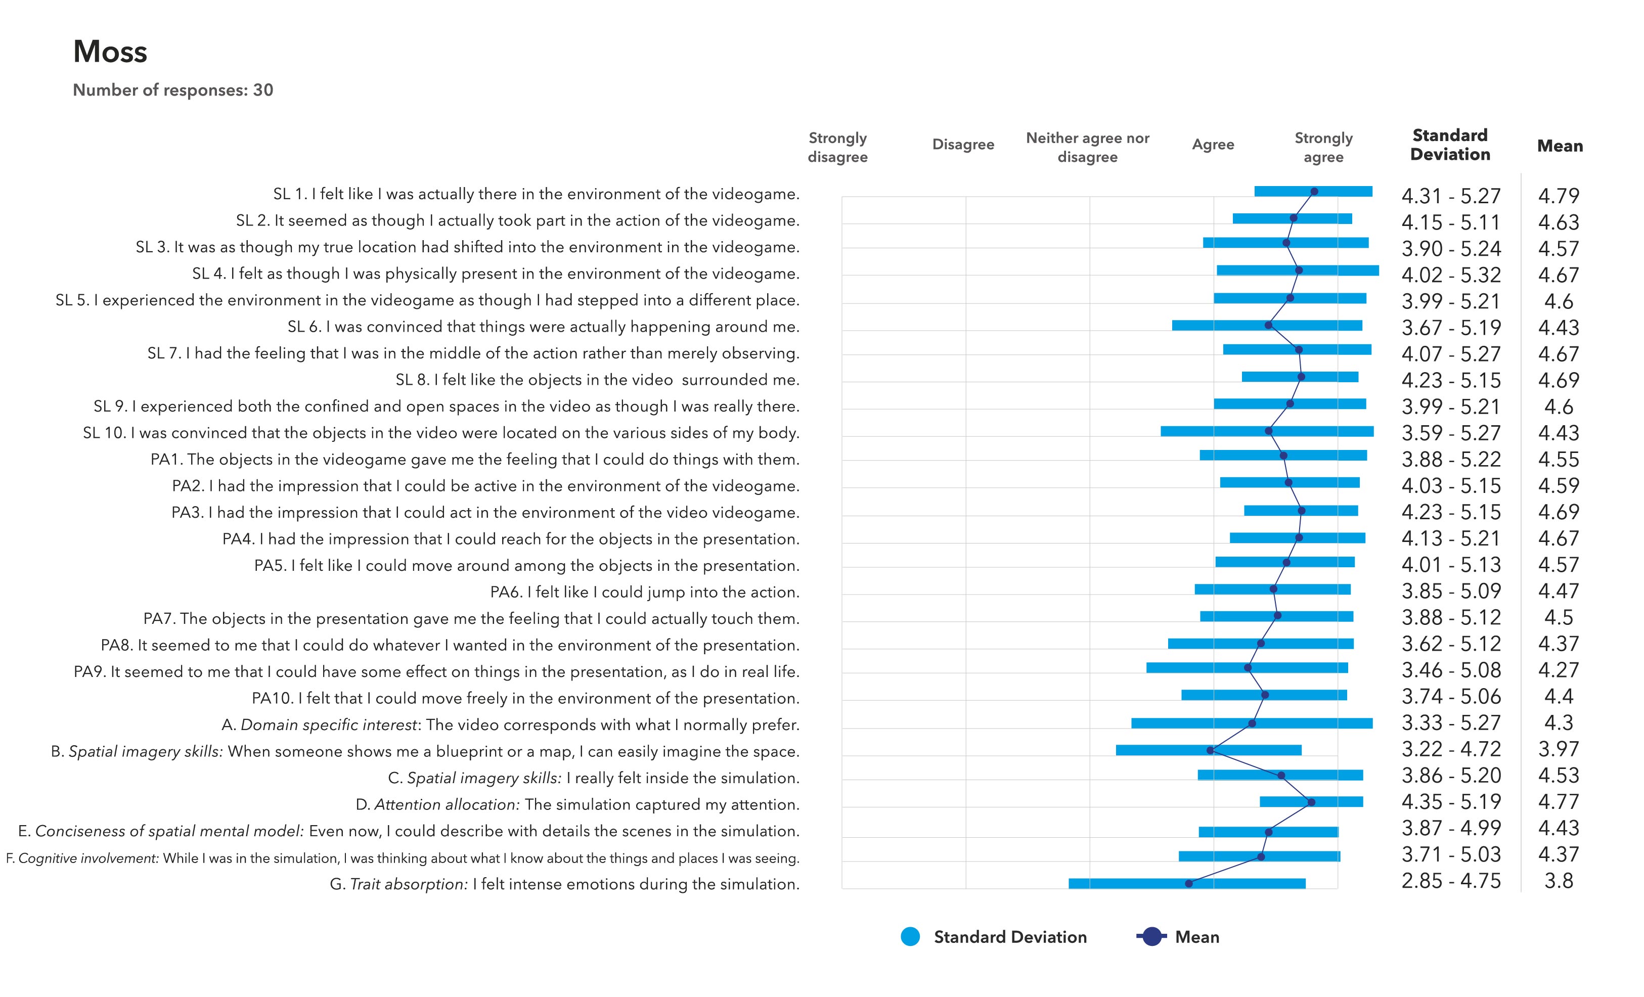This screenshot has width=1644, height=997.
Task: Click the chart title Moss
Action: (x=110, y=52)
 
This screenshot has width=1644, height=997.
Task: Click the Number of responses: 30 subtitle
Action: (x=173, y=90)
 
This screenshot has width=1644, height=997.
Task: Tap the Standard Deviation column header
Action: (x=1450, y=145)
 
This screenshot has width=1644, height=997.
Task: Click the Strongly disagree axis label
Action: (x=837, y=148)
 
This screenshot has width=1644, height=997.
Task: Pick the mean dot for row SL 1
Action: (x=1314, y=192)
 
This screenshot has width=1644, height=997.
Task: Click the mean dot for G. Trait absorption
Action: (x=1188, y=884)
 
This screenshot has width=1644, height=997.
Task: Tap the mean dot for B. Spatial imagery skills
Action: (x=1210, y=750)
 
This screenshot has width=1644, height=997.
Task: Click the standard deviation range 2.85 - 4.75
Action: (x=1450, y=881)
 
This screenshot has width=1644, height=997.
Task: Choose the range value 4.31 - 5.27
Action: (x=1450, y=196)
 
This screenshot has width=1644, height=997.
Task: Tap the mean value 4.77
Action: (x=1559, y=802)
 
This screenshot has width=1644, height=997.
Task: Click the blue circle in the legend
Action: (x=910, y=937)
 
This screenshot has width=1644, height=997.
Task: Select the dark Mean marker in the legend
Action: (x=1151, y=937)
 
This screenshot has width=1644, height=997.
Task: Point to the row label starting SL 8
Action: (x=597, y=380)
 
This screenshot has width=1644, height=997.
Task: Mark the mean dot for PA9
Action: (x=1248, y=667)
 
